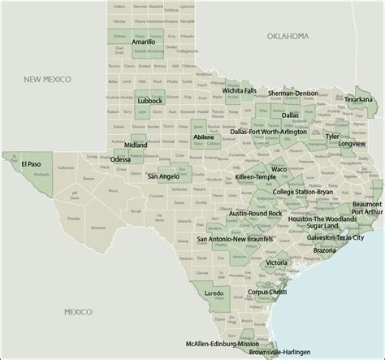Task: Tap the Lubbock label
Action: [x=151, y=101]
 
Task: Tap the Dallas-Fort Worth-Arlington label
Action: [x=268, y=131]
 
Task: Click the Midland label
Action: [x=136, y=145]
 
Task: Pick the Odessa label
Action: [x=120, y=159]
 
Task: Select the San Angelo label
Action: [x=164, y=176]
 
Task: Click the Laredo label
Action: [x=214, y=293]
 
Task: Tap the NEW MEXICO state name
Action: [x=47, y=79]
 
